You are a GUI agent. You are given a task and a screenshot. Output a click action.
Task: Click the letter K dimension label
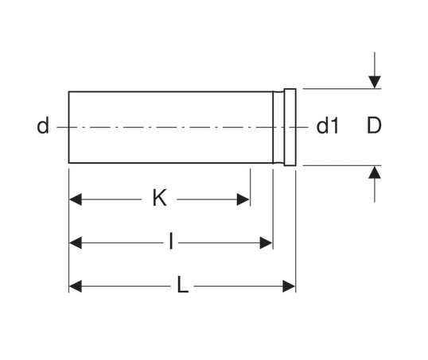tap(160, 198)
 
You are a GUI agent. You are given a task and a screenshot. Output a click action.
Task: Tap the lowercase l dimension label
tap(171, 241)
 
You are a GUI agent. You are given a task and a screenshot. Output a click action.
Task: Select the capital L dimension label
tap(183, 285)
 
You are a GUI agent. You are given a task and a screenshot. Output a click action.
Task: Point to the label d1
tap(327, 126)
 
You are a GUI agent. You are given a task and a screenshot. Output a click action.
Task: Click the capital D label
tap(374, 126)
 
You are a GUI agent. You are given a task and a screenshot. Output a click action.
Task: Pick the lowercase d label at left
tap(43, 126)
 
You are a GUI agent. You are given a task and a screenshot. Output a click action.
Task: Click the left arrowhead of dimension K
tap(76, 199)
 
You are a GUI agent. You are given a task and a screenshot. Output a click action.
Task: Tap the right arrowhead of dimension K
tap(243, 199)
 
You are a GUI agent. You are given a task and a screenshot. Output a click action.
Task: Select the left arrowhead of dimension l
tap(76, 242)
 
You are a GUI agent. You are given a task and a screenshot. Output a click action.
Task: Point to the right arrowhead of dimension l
tap(266, 242)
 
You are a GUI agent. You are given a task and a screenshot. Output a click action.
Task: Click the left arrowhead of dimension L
tap(76, 286)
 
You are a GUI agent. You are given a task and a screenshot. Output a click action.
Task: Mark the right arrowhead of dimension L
tap(289, 286)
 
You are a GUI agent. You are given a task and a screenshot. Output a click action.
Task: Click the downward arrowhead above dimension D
tap(375, 82)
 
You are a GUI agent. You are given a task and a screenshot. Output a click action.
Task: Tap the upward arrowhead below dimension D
tap(375, 172)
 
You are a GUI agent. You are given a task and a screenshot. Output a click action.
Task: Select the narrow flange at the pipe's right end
tap(290, 127)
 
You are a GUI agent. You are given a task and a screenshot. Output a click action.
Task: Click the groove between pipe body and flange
tap(278, 127)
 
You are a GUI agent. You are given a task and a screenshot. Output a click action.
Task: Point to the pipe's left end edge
tap(68, 127)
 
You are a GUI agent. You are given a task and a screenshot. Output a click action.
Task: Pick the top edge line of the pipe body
tap(171, 91)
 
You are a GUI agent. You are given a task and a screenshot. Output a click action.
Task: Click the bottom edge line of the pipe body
tap(171, 163)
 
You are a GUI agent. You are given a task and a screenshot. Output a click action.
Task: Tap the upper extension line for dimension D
tap(342, 89)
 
